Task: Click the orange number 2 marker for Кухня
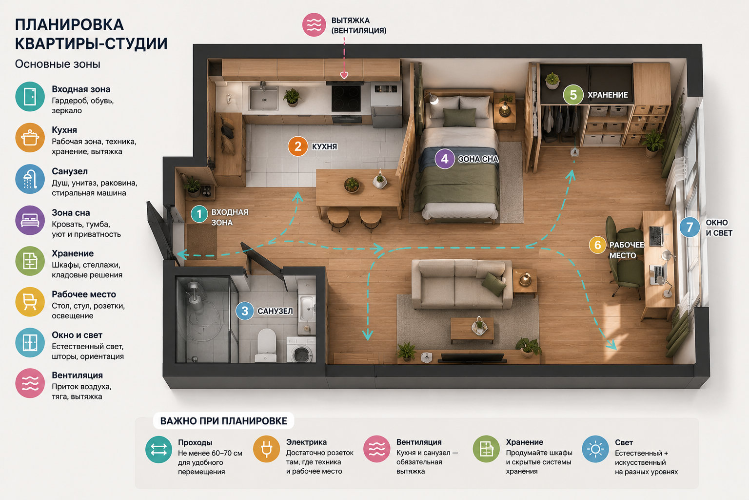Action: pyautogui.click(x=297, y=146)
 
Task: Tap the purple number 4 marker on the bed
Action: pyautogui.click(x=444, y=159)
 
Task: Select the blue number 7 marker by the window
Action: pyautogui.click(x=690, y=228)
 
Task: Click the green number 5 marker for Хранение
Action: pyautogui.click(x=573, y=95)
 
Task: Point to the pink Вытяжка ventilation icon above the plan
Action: pyautogui.click(x=314, y=25)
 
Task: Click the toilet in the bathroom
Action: pyautogui.click(x=267, y=345)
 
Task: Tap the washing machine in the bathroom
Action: pyautogui.click(x=300, y=350)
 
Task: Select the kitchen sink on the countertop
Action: pyautogui.click(x=263, y=98)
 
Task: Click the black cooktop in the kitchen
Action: pyautogui.click(x=346, y=97)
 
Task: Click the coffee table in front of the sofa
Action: pyautogui.click(x=472, y=330)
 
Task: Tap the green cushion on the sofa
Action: pyautogui.click(x=493, y=284)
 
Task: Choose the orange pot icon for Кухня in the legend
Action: pyautogui.click(x=30, y=138)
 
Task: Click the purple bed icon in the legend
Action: pyautogui.click(x=30, y=220)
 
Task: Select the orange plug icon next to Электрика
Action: pyautogui.click(x=266, y=449)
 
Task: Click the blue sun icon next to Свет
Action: pyautogui.click(x=595, y=449)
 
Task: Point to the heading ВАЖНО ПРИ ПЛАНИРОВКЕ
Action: pyautogui.click(x=223, y=421)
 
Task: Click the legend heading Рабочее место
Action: pyautogui.click(x=83, y=294)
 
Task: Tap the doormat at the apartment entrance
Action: pyautogui.click(x=201, y=242)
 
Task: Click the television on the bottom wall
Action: pyautogui.click(x=473, y=358)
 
